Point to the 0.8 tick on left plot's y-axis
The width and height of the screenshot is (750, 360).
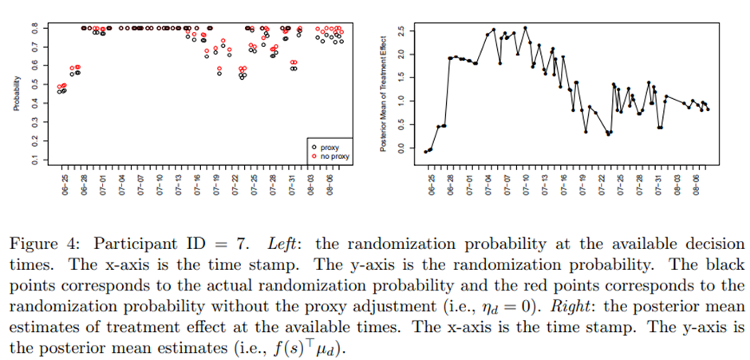[x=34, y=28]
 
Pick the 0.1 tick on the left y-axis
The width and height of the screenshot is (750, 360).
[x=34, y=160]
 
